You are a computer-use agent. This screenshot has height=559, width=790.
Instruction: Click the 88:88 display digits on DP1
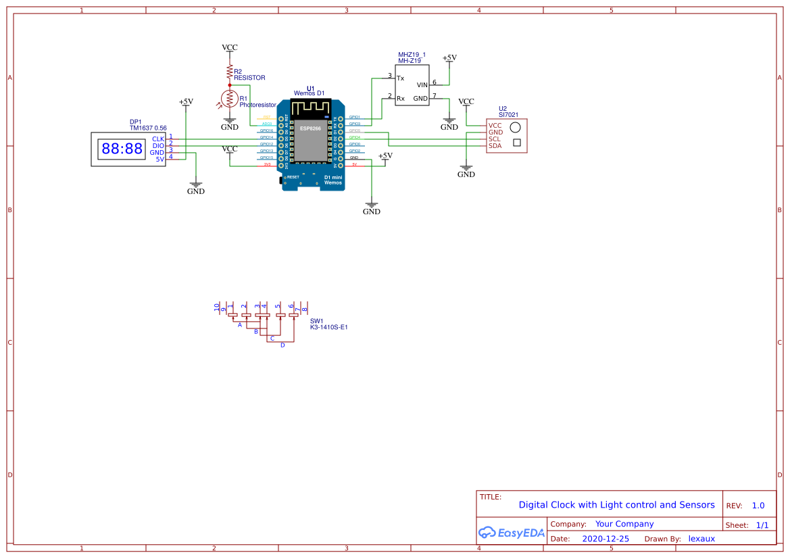[x=122, y=149]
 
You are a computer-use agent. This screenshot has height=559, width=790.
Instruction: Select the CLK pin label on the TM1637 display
[x=158, y=139]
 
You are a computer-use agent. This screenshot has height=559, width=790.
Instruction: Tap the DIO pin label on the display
[x=158, y=145]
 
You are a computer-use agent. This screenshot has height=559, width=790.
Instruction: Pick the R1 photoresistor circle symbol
[x=230, y=99]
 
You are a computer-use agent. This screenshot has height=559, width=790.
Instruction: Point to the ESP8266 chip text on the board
[x=311, y=128]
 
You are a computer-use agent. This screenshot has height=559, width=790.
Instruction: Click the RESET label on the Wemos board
[x=293, y=176]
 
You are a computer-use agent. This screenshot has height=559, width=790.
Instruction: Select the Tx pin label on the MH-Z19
[x=400, y=78]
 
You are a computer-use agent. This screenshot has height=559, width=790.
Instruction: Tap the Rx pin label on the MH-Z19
[x=400, y=98]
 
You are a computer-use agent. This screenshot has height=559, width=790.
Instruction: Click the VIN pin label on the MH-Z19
[x=422, y=84]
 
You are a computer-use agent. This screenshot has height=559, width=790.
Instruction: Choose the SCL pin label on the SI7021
[x=495, y=139]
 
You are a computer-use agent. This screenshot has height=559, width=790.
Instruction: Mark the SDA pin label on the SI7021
[x=495, y=145]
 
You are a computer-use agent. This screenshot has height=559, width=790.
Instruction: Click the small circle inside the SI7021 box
[x=516, y=127]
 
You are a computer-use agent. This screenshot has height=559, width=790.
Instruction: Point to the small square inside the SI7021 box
[x=517, y=142]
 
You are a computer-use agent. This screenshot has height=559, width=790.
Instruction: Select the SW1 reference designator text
[x=317, y=321]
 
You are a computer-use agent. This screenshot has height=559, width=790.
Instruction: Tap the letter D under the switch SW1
[x=282, y=345]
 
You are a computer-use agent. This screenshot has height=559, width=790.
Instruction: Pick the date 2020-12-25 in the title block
[x=606, y=539]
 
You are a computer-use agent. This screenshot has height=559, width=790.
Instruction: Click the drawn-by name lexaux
[x=701, y=539]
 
